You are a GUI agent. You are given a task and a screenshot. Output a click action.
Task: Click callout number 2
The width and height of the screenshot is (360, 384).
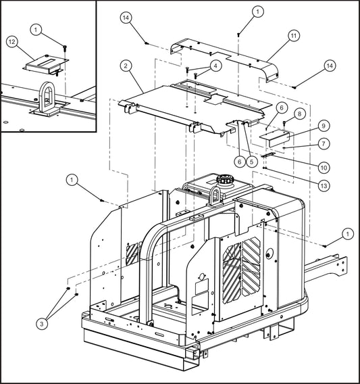(x=126, y=66)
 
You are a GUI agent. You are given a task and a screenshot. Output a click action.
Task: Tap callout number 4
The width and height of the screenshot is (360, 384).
(x=215, y=66)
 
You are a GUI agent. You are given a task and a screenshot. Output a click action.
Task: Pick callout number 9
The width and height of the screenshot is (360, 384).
(x=305, y=126)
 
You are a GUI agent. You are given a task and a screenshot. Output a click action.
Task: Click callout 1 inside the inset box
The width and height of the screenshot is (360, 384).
(x=38, y=29)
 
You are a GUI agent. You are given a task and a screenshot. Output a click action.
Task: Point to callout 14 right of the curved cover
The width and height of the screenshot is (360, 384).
(x=329, y=66)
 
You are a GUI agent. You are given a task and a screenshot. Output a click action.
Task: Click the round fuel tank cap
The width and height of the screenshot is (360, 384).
(x=223, y=182)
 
